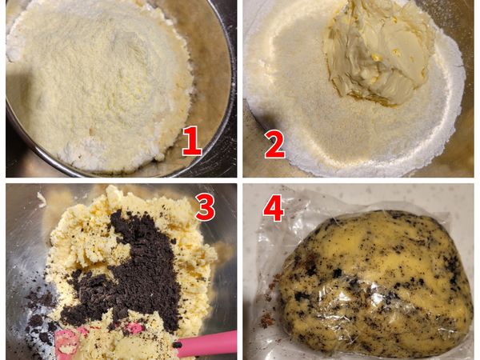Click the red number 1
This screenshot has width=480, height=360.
(x=192, y=141)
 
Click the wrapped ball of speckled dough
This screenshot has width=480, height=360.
(x=375, y=283)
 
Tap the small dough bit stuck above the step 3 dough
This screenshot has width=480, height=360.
(x=42, y=199)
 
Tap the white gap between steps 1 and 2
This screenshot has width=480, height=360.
(x=240, y=89)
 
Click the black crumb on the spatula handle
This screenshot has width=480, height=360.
(x=177, y=345)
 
